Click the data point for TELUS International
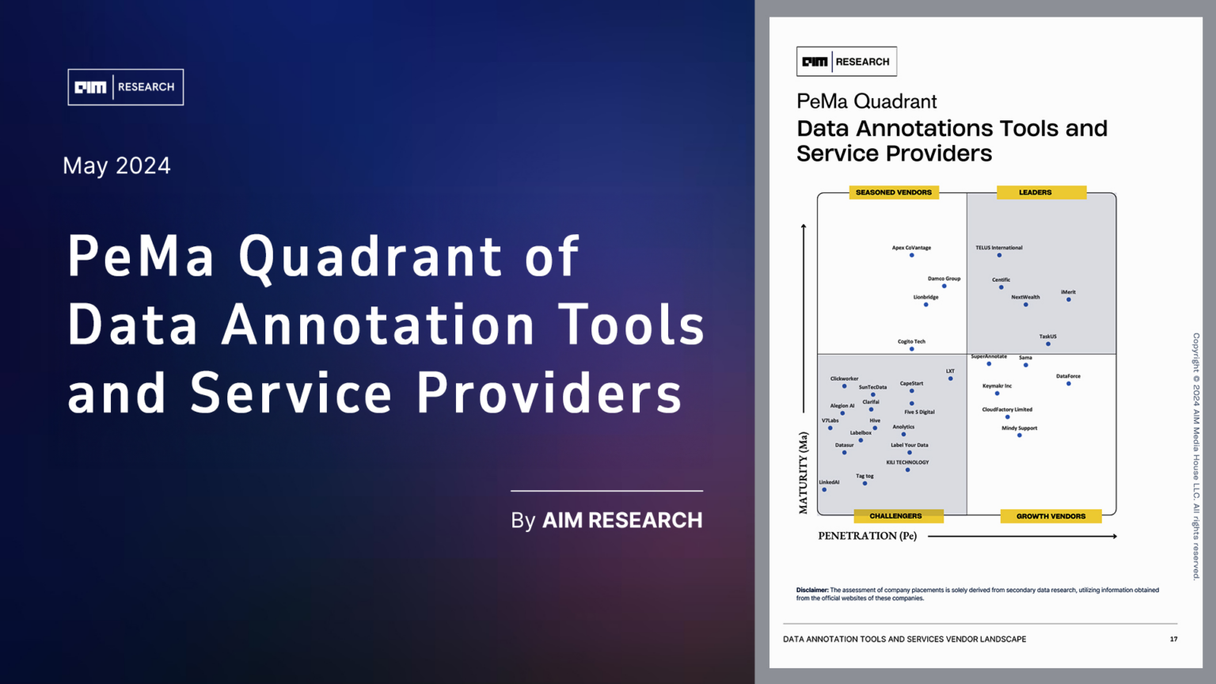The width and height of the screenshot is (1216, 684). [x=999, y=255]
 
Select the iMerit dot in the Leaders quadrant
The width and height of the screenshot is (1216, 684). [x=1069, y=299]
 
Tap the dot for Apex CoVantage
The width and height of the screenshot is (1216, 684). [x=912, y=255]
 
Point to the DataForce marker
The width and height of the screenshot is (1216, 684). [x=1069, y=384]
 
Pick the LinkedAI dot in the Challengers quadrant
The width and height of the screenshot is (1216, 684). [x=824, y=490]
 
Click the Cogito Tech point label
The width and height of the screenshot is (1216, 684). [x=911, y=341]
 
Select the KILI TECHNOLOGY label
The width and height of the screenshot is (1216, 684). [x=907, y=462]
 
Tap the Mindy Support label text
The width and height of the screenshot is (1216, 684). [x=1019, y=428]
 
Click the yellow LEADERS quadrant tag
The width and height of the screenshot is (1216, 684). [x=1035, y=192]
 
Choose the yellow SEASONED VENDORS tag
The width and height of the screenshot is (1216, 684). [x=894, y=192]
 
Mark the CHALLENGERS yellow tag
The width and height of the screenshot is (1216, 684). [x=895, y=516]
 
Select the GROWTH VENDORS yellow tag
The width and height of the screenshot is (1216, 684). [x=1051, y=516]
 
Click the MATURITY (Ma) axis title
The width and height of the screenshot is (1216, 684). [x=804, y=473]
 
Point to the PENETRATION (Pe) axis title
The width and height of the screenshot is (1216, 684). [x=867, y=536]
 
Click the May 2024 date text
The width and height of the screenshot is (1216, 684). [x=116, y=165]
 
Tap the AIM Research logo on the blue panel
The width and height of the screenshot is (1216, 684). [x=125, y=87]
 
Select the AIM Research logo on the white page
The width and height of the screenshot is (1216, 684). [x=846, y=62]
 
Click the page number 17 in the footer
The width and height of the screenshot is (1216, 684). [x=1173, y=639]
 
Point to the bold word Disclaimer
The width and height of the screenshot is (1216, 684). [x=812, y=590]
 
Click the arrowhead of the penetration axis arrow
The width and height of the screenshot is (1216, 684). [x=1114, y=537]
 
